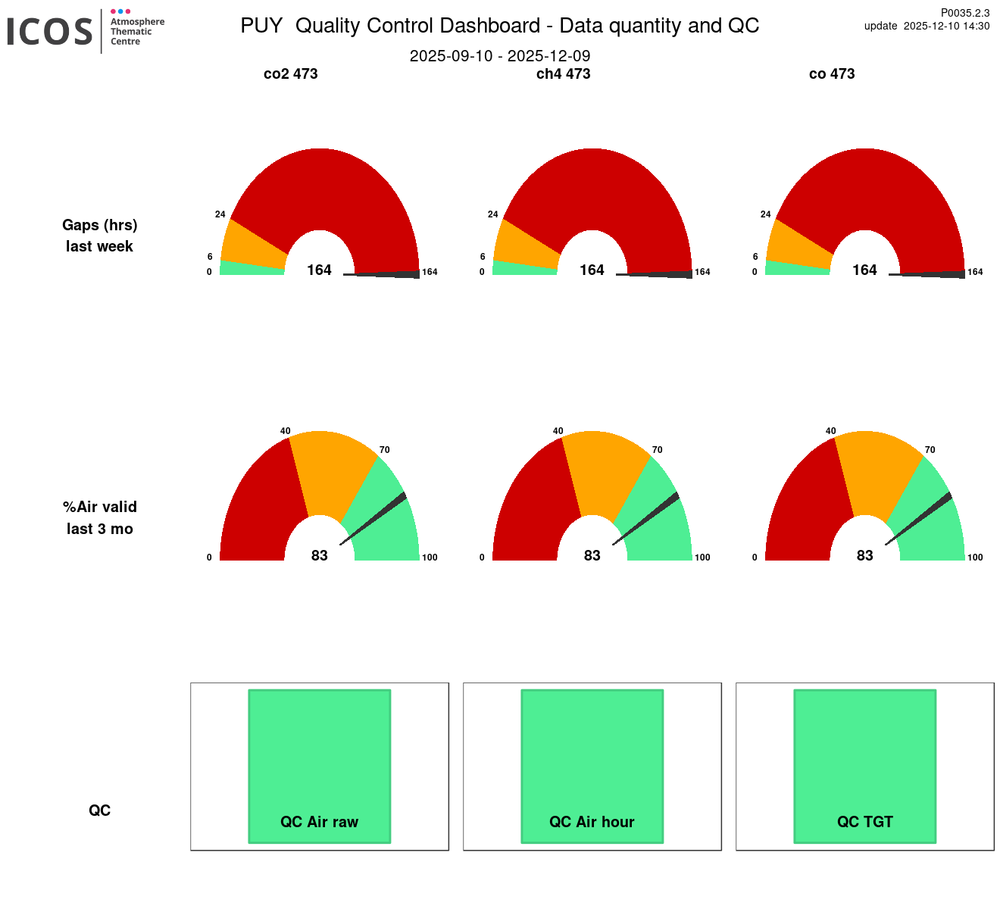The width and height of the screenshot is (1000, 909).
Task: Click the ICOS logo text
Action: (x=50, y=32)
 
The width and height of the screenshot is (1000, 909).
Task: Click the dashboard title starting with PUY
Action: (x=499, y=26)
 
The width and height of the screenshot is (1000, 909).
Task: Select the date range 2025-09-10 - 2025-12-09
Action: (x=499, y=56)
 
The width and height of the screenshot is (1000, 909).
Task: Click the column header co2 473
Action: (x=290, y=74)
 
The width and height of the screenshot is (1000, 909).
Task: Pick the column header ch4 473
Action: (x=563, y=74)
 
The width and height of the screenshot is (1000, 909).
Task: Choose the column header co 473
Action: (x=831, y=74)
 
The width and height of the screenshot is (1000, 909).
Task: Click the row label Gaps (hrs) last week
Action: (x=99, y=236)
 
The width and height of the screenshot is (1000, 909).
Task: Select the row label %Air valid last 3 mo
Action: (x=99, y=517)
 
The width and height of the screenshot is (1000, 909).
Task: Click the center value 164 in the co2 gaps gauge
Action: (x=319, y=270)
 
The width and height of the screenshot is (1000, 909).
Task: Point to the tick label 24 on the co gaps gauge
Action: (x=765, y=214)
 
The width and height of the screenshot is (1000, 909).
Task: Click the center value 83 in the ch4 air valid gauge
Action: (x=592, y=556)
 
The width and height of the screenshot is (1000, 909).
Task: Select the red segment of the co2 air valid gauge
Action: (x=258, y=500)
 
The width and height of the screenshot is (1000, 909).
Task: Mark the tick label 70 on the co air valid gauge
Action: (x=930, y=450)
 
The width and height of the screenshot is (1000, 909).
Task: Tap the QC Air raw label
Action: (x=319, y=822)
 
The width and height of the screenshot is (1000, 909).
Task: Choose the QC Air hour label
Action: (x=592, y=822)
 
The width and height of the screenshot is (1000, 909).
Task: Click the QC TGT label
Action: (x=864, y=822)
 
